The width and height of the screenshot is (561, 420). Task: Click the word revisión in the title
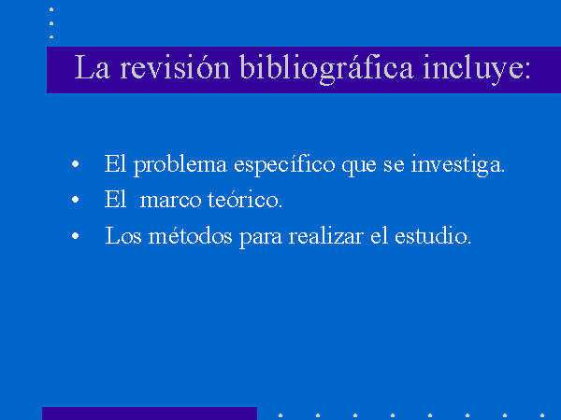[x=175, y=67]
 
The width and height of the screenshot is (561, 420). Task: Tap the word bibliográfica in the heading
[x=326, y=69]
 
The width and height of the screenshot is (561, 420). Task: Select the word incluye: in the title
[x=477, y=69]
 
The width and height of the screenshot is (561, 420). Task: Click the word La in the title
[x=92, y=67]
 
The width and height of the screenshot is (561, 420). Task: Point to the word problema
[x=180, y=165]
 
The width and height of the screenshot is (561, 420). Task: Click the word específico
[x=284, y=165]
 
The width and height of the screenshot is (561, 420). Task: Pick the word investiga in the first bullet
[x=457, y=165]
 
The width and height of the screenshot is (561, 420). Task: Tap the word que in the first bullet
[x=359, y=167]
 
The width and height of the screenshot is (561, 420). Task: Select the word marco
[x=170, y=201]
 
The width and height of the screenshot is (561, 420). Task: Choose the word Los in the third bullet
[x=123, y=235]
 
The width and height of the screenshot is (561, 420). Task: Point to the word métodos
[x=191, y=235]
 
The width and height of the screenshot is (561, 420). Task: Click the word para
[x=261, y=238]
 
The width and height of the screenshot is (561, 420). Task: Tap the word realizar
[x=326, y=235]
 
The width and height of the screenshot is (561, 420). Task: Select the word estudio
[x=433, y=235]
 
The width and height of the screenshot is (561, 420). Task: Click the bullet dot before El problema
[x=75, y=164]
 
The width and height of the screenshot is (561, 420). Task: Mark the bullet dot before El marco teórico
[x=75, y=200]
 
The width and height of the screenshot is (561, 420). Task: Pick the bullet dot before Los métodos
[x=75, y=236]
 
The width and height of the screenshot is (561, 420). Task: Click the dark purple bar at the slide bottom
[x=150, y=413]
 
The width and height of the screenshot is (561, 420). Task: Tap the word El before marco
[x=115, y=199]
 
